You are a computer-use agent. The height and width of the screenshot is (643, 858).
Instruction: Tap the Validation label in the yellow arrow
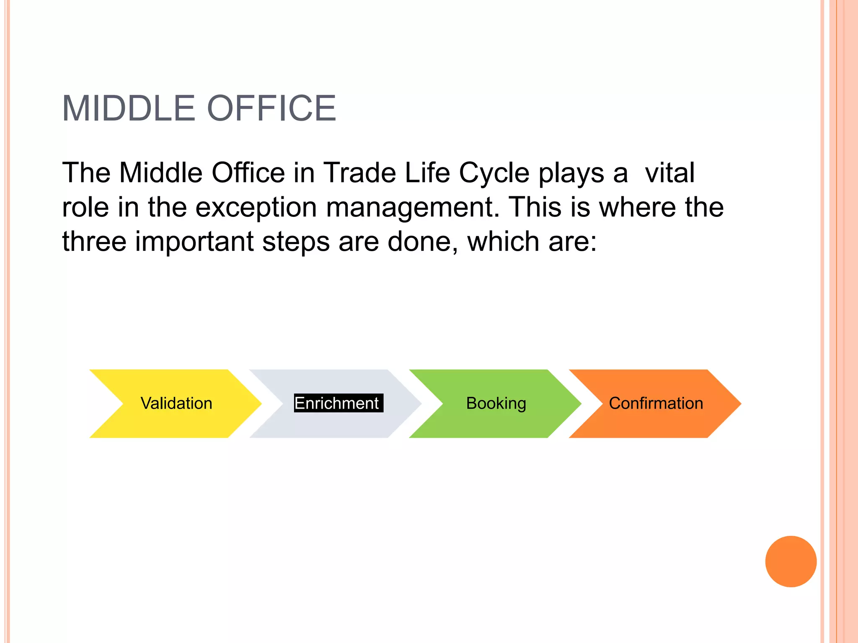click(176, 404)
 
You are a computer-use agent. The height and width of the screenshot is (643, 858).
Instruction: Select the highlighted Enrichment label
click(338, 404)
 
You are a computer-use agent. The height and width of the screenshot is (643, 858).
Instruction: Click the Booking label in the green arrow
click(496, 404)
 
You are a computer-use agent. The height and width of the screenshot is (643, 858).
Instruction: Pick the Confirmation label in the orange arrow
click(656, 404)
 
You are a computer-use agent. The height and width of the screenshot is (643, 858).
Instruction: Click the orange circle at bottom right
click(791, 561)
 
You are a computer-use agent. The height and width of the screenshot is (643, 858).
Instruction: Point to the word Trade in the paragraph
click(359, 173)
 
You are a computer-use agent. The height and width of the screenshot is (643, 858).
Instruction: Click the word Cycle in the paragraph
click(494, 173)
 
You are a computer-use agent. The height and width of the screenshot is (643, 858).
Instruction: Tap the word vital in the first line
click(669, 173)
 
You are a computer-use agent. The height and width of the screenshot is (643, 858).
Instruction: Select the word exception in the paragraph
click(256, 207)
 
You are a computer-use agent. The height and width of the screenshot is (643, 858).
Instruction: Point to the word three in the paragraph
click(94, 242)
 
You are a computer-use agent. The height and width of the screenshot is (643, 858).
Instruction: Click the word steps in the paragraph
click(296, 242)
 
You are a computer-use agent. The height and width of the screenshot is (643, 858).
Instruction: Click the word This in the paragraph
click(535, 207)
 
